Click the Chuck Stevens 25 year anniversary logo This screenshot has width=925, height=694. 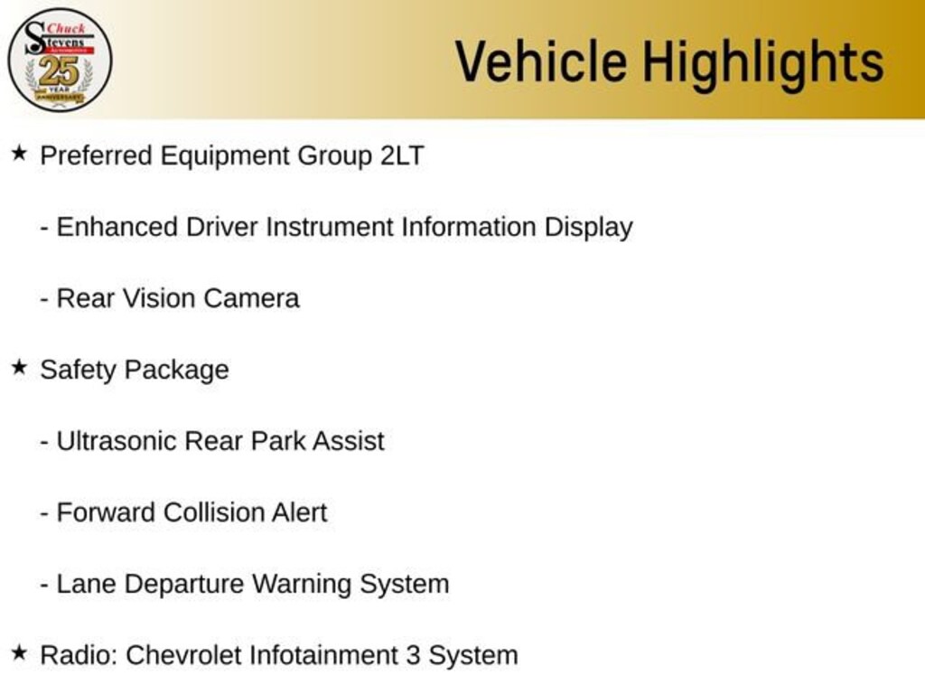[60, 60]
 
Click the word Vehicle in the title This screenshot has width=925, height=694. [541, 62]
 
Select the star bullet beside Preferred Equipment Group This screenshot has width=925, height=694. [19, 154]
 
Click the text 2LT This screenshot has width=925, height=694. [401, 155]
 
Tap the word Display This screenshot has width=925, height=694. [588, 227]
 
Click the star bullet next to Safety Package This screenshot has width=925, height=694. [19, 368]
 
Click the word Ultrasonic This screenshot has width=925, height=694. [117, 441]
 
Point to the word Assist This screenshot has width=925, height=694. [348, 441]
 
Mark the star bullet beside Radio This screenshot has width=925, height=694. [19, 652]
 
